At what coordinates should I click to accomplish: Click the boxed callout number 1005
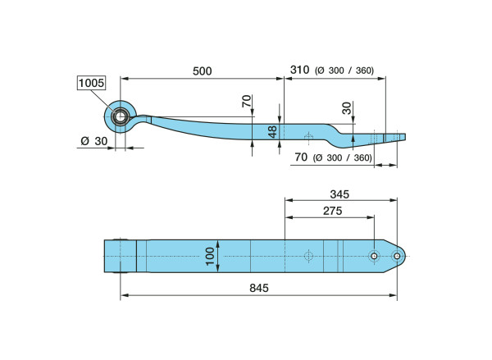coord(91,83)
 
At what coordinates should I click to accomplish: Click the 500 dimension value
coord(202,71)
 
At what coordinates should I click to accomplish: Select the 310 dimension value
coord(299,70)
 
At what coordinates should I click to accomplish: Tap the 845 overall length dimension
coord(259,288)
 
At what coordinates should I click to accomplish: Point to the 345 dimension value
coord(339,194)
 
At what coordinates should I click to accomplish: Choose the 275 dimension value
coord(333,211)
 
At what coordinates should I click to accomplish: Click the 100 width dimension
coord(210,256)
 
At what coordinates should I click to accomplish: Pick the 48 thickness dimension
coord(272,131)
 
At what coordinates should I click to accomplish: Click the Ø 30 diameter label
coord(94,141)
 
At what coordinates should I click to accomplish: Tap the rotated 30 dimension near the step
coord(347,108)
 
